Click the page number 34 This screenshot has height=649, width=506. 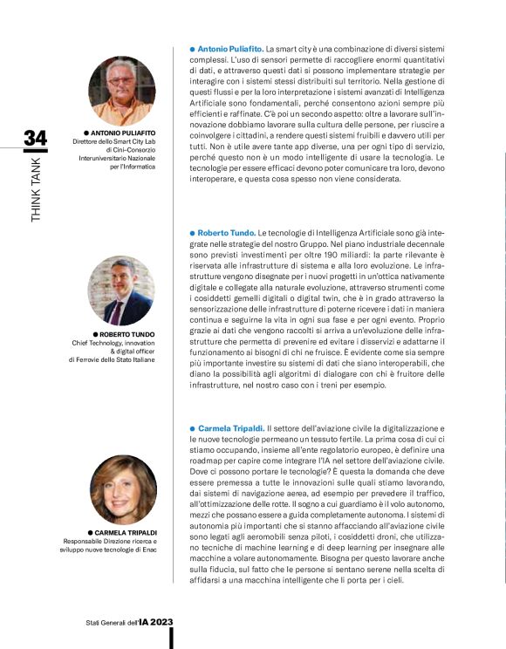pyautogui.click(x=35, y=139)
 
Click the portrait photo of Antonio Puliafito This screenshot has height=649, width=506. pyautogui.click(x=121, y=90)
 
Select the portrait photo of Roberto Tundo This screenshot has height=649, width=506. pyautogui.click(x=121, y=290)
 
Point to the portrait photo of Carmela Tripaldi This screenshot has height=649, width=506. pyautogui.click(x=121, y=490)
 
